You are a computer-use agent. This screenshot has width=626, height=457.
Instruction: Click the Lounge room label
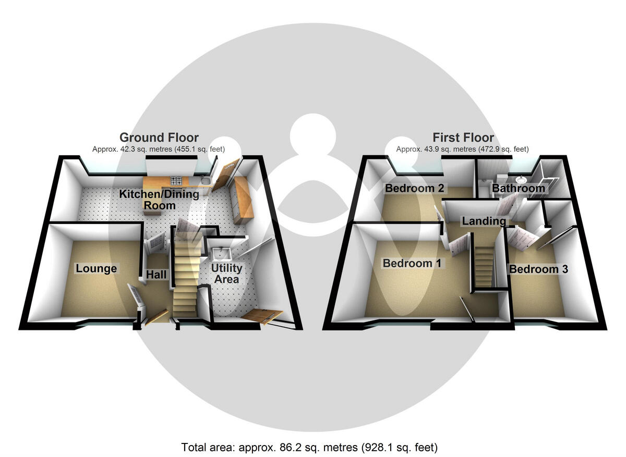point(96,269)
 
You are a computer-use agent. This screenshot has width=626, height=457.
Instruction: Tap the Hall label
point(156,274)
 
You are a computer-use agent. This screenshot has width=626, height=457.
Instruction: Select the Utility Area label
point(227,274)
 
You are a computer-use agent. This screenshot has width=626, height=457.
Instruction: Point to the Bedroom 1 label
point(412,264)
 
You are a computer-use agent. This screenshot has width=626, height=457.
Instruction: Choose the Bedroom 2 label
point(414,188)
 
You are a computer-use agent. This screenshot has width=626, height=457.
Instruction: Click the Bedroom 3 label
point(538,269)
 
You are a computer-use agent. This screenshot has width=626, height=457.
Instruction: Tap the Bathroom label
point(519,188)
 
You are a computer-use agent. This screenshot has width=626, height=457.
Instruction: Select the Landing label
point(484,221)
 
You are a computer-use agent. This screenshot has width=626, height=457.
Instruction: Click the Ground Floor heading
point(159,138)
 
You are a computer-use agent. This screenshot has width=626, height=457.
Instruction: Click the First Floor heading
point(463,138)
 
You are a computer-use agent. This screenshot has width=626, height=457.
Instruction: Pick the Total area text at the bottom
point(309,447)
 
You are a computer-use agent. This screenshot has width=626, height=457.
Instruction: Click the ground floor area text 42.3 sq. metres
point(159,149)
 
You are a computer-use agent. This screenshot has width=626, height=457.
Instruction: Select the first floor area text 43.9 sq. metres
point(462,149)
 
